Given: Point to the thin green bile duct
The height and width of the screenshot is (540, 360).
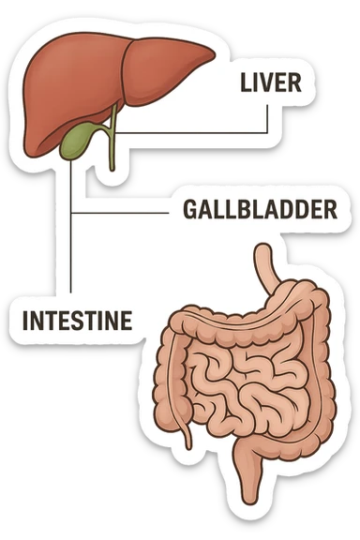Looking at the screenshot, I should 112,141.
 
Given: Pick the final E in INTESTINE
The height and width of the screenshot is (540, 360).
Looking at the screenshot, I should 125,319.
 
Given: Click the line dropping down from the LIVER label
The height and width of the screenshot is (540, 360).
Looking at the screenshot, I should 270,117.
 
